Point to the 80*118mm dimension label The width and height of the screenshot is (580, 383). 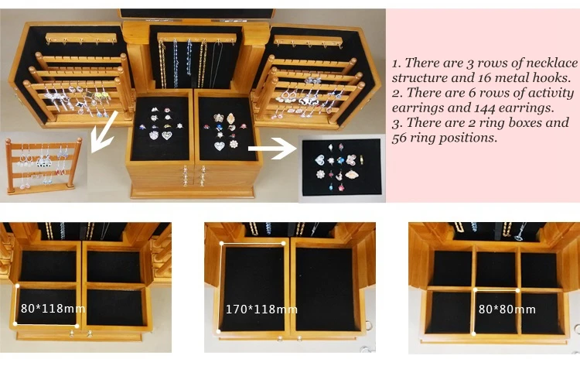53,308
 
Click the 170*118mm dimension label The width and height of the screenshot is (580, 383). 261,309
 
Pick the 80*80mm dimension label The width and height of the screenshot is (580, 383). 507,309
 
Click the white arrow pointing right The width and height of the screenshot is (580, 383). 272,149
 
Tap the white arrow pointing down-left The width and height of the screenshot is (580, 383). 104,132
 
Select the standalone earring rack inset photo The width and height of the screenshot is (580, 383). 43,166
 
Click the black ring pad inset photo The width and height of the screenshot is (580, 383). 342,167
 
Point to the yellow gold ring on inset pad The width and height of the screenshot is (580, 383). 361,160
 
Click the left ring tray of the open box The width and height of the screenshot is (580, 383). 161,128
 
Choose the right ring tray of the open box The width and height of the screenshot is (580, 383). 227,128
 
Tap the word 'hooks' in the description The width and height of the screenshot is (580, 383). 552,77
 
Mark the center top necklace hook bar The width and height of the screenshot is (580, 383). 196,37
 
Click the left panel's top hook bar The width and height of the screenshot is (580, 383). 81,38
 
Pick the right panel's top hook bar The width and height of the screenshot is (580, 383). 308,41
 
